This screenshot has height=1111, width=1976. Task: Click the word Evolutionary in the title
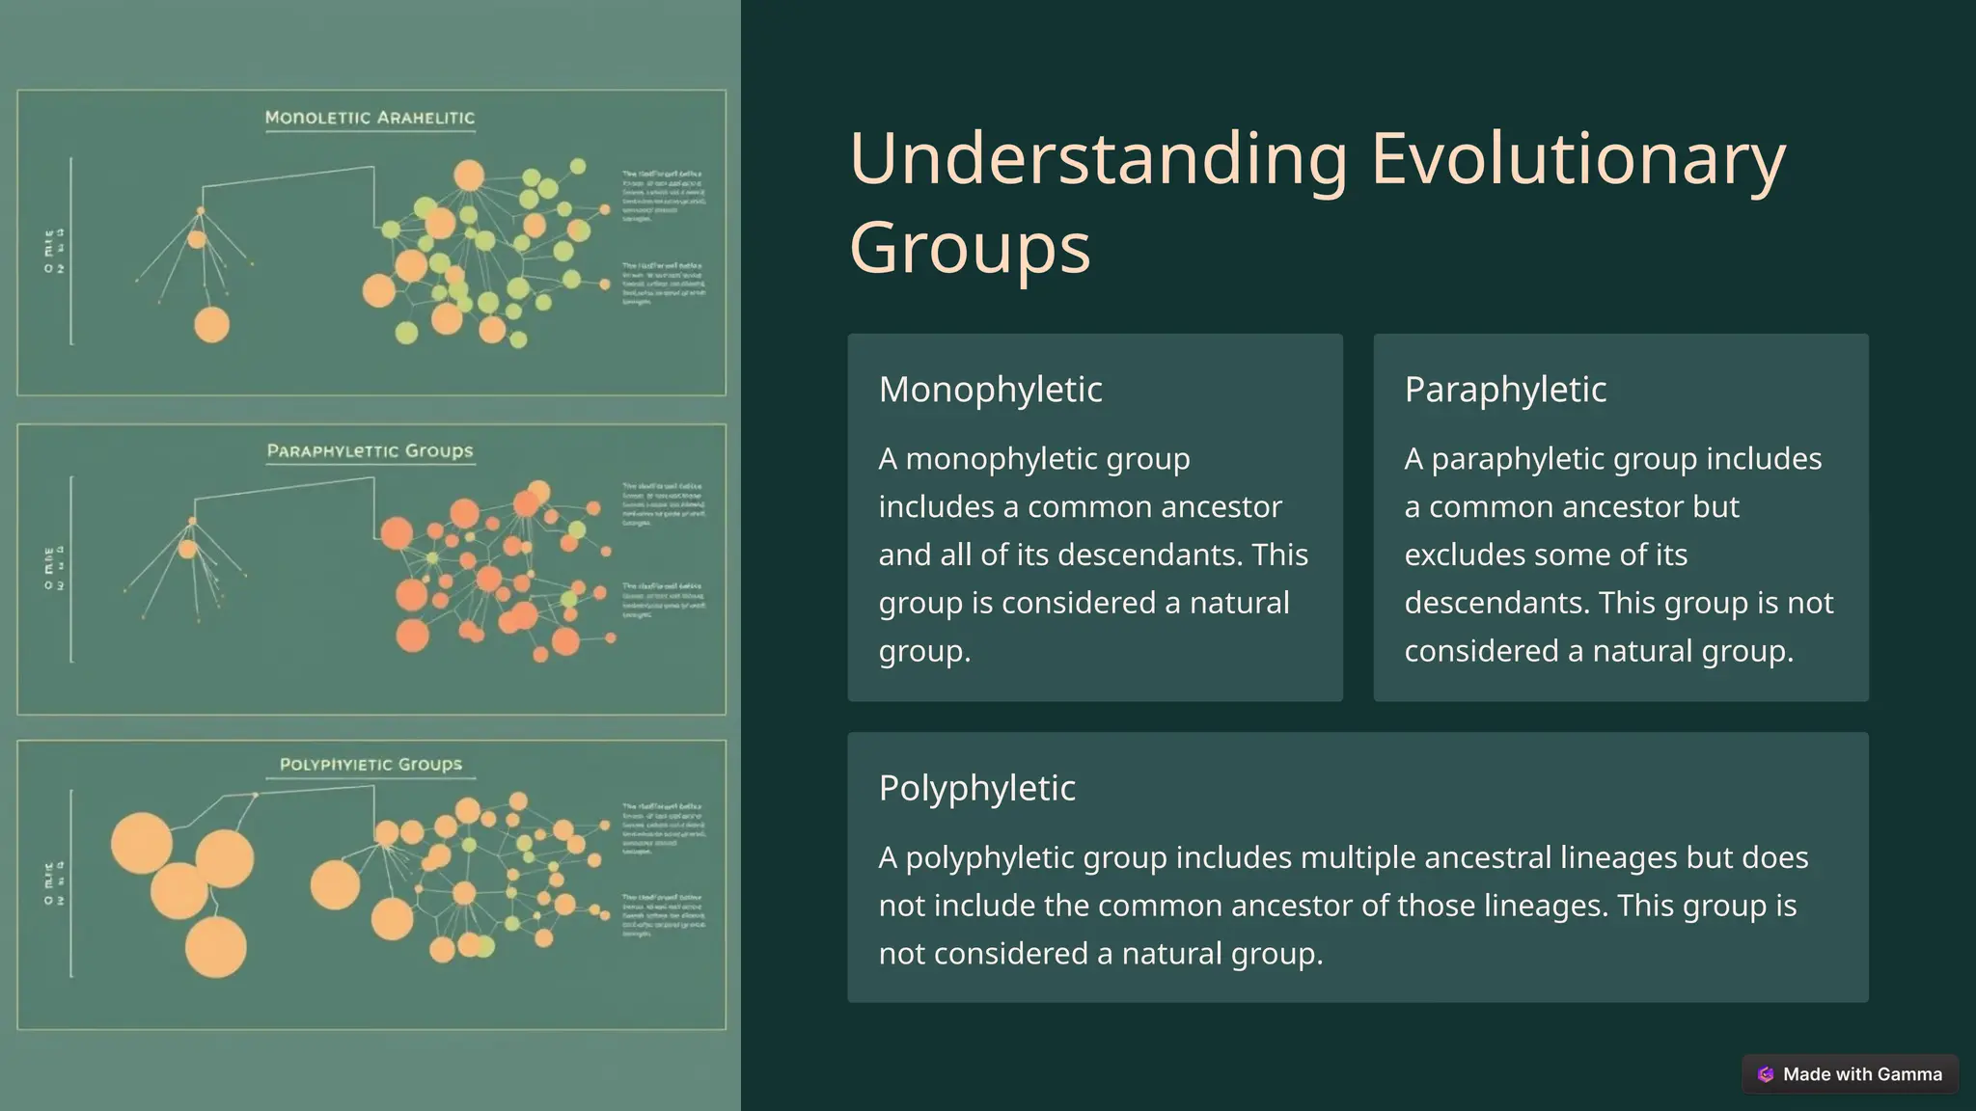[1578, 159]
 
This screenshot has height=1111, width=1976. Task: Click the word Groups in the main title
[969, 248]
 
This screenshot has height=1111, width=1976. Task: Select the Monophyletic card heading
[990, 390]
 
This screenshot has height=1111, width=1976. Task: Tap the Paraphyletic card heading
[1505, 390]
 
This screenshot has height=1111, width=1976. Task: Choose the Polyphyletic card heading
[976, 788]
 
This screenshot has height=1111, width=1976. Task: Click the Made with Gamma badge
[1849, 1074]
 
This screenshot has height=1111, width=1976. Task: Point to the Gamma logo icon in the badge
[1766, 1074]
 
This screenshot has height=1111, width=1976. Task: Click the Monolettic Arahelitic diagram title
[370, 118]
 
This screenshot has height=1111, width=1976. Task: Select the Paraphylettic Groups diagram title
[370, 450]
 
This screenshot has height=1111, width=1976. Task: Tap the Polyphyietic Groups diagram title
[370, 764]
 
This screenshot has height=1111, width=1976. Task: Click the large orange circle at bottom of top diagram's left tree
[212, 325]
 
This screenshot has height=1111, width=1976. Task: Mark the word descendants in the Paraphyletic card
[1496, 604]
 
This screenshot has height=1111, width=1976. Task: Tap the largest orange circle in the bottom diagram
[142, 843]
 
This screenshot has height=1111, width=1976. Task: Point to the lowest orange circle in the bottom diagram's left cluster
[215, 947]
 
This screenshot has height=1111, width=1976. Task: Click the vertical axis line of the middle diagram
[71, 569]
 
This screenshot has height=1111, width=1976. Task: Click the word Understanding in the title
[1098, 159]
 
